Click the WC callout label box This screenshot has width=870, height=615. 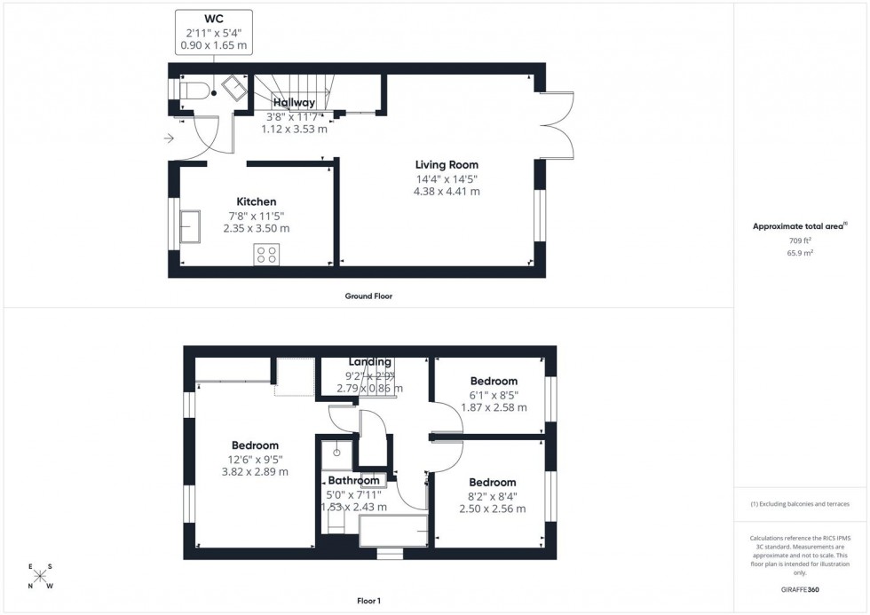(x=214, y=34)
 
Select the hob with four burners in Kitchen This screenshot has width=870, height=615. (x=265, y=255)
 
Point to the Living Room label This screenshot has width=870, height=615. (x=447, y=164)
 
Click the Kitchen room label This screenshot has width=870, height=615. (x=256, y=202)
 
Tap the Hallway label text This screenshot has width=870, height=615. (x=294, y=103)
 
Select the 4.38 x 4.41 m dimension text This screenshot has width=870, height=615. (x=447, y=191)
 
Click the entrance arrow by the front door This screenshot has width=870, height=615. (x=169, y=138)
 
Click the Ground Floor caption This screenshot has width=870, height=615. (x=368, y=296)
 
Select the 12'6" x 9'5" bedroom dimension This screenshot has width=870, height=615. (x=255, y=460)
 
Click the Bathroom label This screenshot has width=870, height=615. (x=354, y=481)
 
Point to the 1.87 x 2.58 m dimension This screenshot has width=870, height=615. (x=494, y=408)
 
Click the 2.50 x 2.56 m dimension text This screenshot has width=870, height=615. (x=492, y=509)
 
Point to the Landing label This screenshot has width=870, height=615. (x=370, y=362)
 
